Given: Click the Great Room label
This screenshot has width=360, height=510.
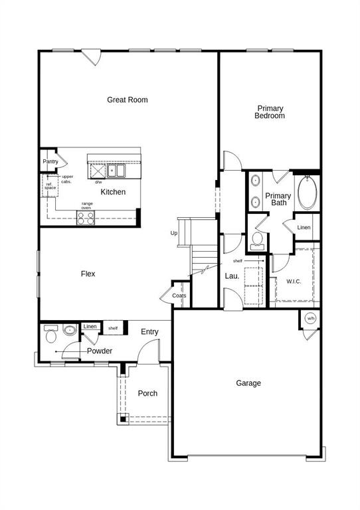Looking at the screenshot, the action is pyautogui.click(x=127, y=100).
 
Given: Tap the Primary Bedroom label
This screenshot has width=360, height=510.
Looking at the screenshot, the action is pyautogui.click(x=270, y=112).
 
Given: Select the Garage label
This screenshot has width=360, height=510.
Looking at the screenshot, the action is pyautogui.click(x=248, y=383).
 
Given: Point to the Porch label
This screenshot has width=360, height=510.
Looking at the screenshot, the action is pyautogui.click(x=147, y=393).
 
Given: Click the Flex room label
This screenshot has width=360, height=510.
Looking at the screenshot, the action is pyautogui.click(x=88, y=274).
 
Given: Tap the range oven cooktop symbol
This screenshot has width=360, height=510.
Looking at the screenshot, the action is pyautogui.click(x=86, y=218).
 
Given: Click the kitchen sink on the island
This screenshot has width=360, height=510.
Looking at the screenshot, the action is pyautogui.click(x=116, y=171).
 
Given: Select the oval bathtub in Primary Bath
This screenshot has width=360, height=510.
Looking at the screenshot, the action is pyautogui.click(x=308, y=193).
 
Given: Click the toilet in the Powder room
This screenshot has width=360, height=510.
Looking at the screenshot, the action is pyautogui.click(x=50, y=334).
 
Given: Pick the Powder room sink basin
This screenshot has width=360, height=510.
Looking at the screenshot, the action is pyautogui.click(x=70, y=330).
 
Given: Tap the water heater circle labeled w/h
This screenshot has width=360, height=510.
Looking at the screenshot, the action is pyautogui.click(x=311, y=319).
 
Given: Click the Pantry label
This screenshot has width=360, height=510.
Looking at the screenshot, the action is pyautogui.click(x=50, y=161).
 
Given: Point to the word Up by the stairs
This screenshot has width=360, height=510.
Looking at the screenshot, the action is pyautogui.click(x=174, y=233).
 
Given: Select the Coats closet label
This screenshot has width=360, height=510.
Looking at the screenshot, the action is pyautogui.click(x=179, y=296).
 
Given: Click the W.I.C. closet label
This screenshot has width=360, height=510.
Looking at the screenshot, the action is pyautogui.click(x=294, y=282).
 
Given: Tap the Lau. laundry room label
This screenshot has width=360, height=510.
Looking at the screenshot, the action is pyautogui.click(x=232, y=276).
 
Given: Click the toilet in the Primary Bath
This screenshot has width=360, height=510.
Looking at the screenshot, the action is pyautogui.click(x=257, y=240).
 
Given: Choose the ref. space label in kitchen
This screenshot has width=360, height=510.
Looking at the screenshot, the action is pyautogui.click(x=50, y=186).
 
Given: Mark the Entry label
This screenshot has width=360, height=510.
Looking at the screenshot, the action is pyautogui.click(x=149, y=332).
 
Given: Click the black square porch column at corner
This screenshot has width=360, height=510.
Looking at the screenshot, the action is pyautogui.click(x=123, y=419).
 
